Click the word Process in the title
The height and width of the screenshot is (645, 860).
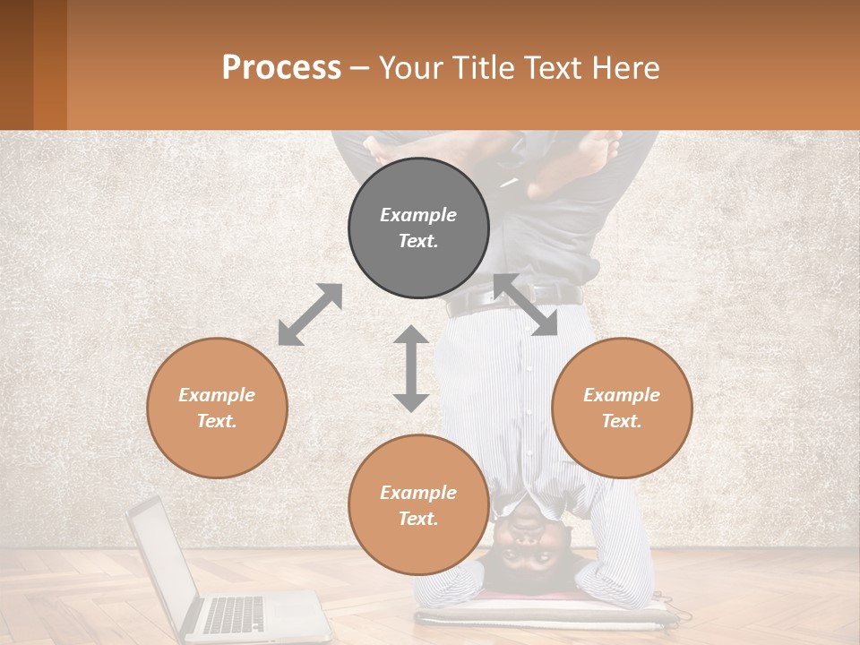point(281,68)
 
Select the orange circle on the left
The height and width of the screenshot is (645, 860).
point(217,408)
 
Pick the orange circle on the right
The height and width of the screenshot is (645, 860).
point(622,408)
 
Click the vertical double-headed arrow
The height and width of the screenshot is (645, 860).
point(411,368)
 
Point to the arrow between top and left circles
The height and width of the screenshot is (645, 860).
point(310,314)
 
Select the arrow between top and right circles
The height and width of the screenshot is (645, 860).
point(525,305)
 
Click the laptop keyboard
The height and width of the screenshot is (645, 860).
point(235,615)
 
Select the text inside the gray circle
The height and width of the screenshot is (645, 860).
point(418,228)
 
